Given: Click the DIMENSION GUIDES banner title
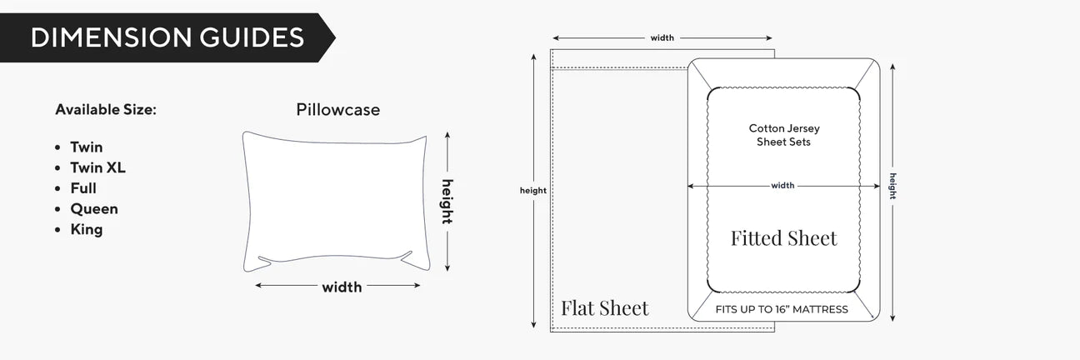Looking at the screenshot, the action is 167,37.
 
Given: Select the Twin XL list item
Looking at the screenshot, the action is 97,167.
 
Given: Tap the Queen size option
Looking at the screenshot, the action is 94,208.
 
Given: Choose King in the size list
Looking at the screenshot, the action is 87,229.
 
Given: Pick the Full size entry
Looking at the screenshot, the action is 83,188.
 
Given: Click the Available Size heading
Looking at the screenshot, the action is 106,109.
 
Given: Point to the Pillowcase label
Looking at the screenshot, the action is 338,110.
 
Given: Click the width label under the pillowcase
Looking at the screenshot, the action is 342,287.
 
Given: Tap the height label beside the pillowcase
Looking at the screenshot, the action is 447,202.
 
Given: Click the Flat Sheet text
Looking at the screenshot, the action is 605,308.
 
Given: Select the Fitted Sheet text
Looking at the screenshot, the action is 784,238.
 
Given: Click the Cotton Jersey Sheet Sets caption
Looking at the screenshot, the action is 784,135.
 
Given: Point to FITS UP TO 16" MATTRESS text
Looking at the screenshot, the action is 782,309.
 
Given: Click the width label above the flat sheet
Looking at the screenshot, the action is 662,37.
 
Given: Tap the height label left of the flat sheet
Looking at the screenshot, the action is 533,190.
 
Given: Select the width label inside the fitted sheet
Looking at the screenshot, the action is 782,186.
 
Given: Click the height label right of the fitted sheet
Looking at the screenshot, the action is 893,186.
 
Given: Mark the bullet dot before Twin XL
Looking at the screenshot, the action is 57,168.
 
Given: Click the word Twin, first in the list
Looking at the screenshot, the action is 87,147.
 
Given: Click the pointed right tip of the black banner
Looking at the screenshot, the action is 336,37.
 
